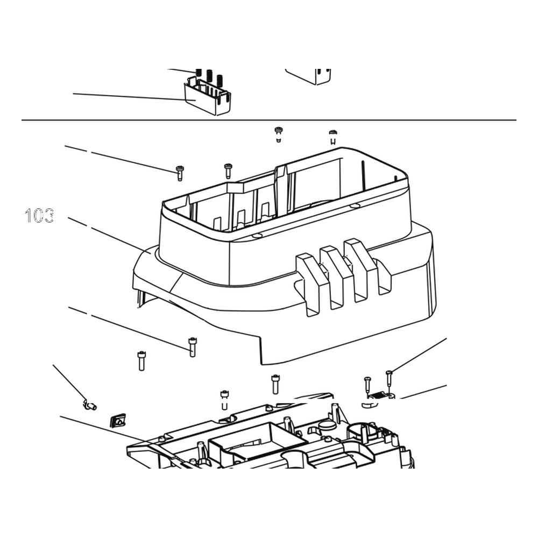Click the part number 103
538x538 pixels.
pyautogui.click(x=39, y=216)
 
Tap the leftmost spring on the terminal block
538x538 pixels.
pyautogui.click(x=199, y=73)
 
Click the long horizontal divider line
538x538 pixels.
pyautogui.click(x=268, y=120)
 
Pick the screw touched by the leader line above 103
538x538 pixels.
pyautogui.click(x=180, y=173)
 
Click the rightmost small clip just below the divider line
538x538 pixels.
pyautogui.click(x=332, y=137)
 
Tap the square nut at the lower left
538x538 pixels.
pyautogui.click(x=118, y=420)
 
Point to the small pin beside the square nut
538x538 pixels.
pyautogui.click(x=90, y=405)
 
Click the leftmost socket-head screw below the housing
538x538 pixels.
pyautogui.click(x=141, y=361)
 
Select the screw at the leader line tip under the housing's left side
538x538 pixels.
pyautogui.click(x=192, y=347)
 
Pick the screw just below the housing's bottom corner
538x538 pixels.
pyautogui.click(x=275, y=384)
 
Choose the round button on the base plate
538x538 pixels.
pyautogui.click(x=327, y=426)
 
